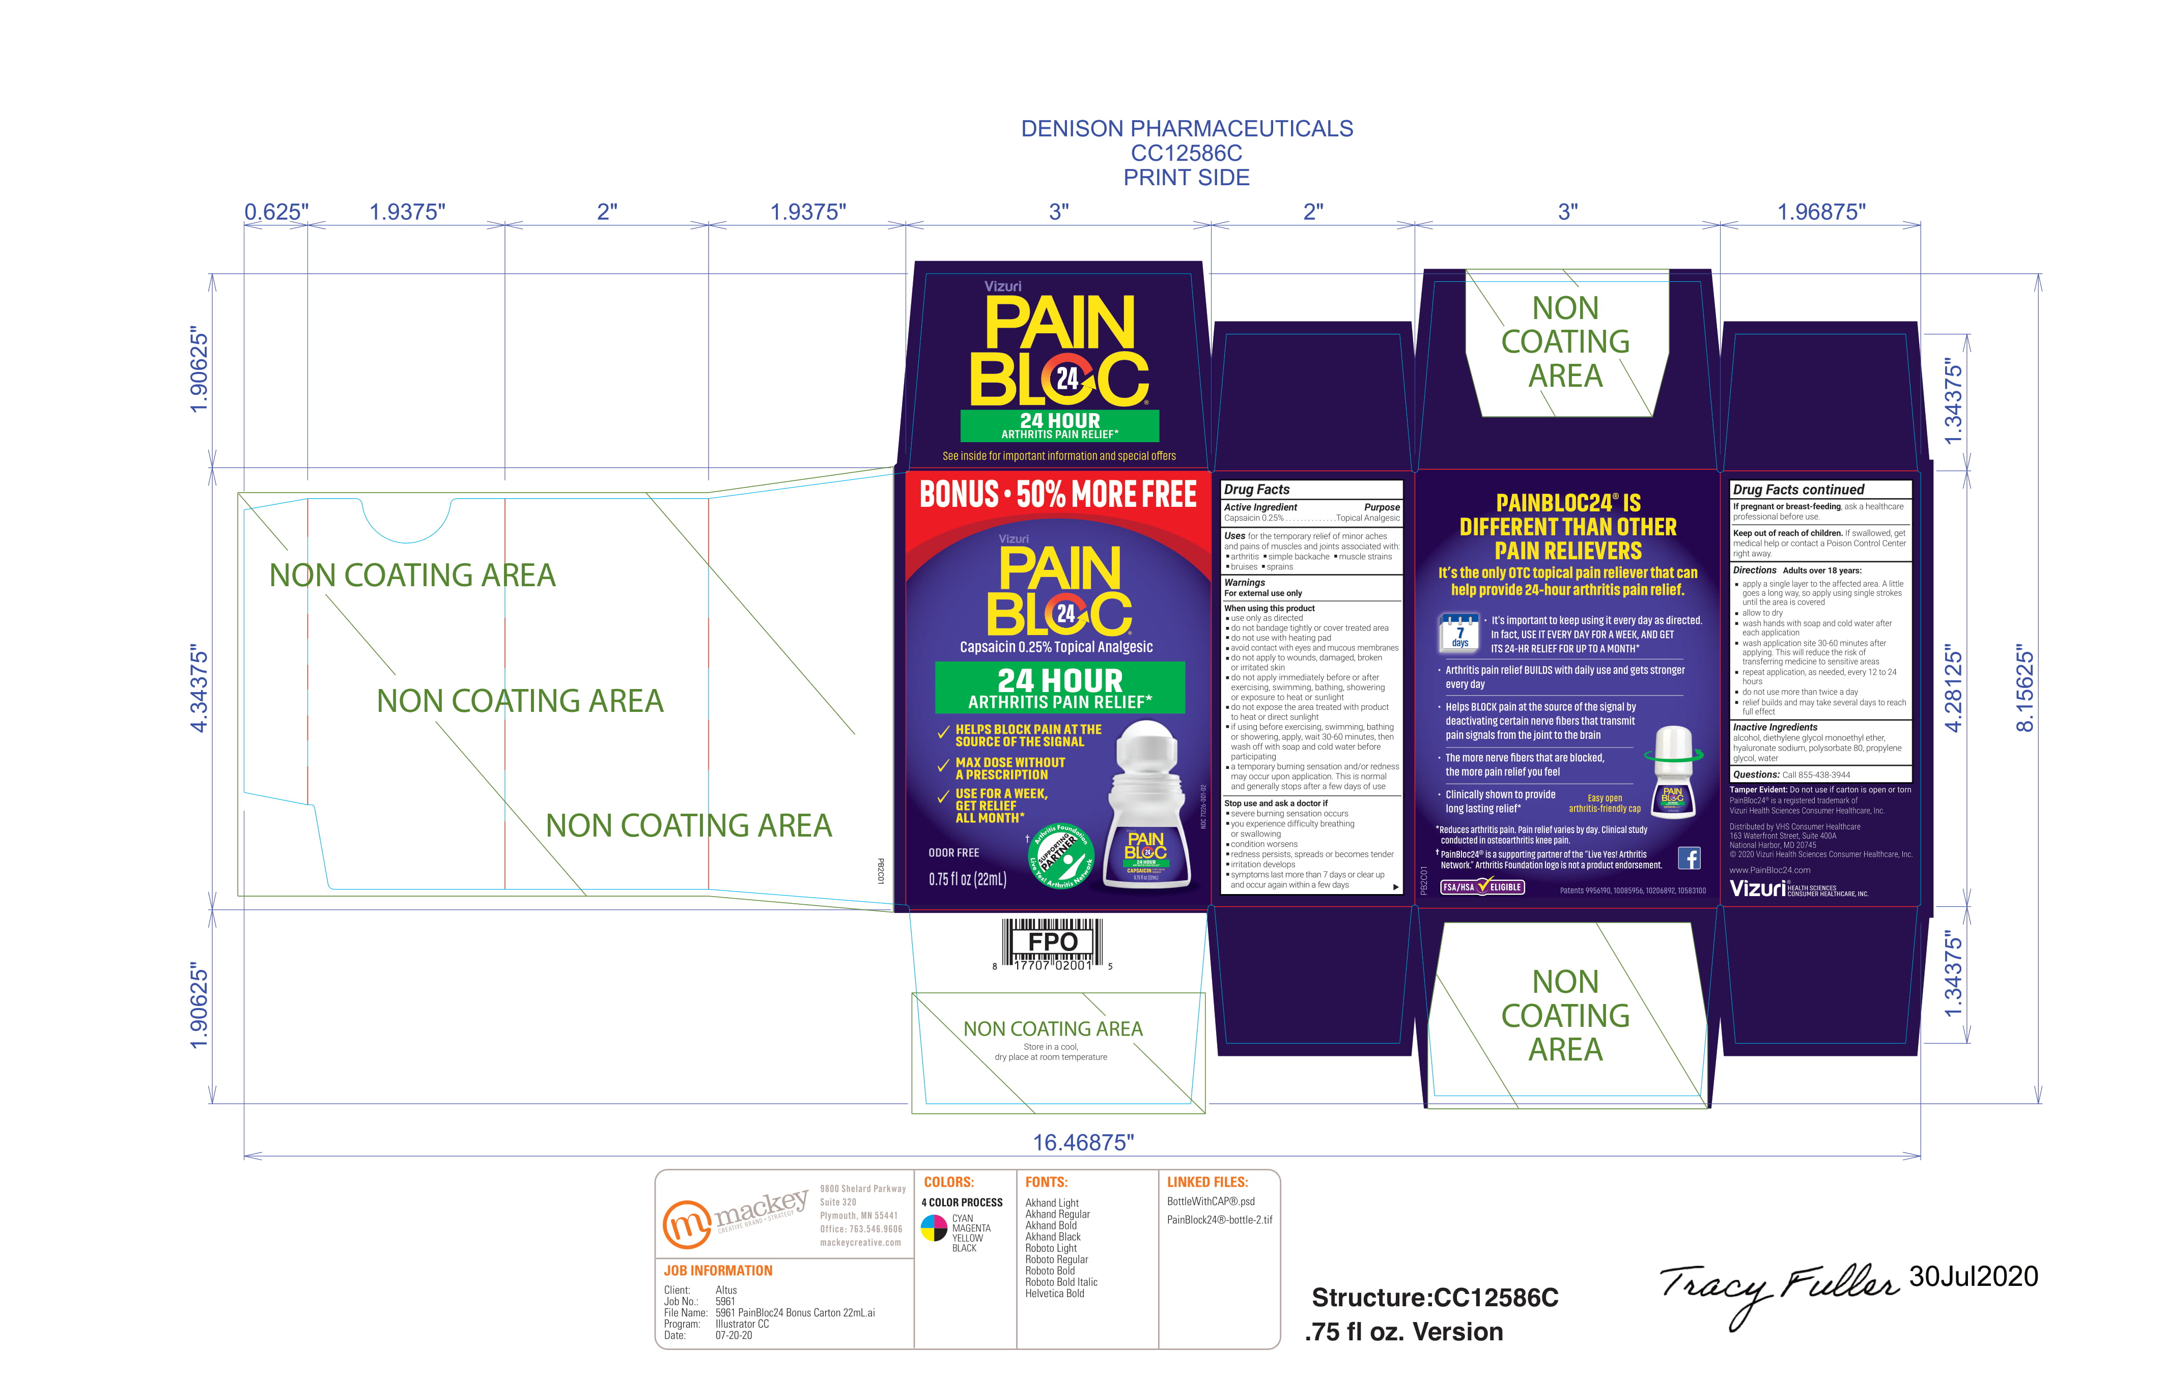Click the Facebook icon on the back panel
[x=1690, y=858]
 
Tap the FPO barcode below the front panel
[x=1052, y=944]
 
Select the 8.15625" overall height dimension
[x=2024, y=687]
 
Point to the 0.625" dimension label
[x=276, y=212]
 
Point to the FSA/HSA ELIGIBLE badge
[x=1482, y=887]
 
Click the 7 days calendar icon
[x=1459, y=631]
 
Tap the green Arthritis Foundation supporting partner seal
[x=1061, y=856]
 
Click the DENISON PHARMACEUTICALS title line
[x=1186, y=129]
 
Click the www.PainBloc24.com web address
[x=1769, y=870]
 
